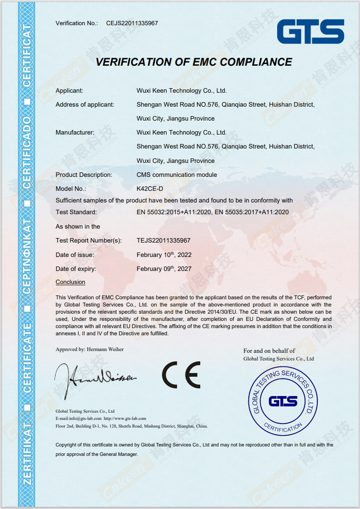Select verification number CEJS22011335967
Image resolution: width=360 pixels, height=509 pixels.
pyautogui.click(x=132, y=23)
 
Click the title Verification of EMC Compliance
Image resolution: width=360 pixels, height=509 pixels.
pyautogui.click(x=194, y=62)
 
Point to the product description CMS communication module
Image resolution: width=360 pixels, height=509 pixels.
pyautogui.click(x=176, y=175)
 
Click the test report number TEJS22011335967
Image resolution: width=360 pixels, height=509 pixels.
pyautogui.click(x=163, y=240)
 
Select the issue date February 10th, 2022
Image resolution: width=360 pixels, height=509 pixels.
pyautogui.click(x=164, y=255)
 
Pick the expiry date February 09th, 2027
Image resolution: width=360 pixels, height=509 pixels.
pyautogui.click(x=164, y=269)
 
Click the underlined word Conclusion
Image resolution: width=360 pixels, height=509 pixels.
pyautogui.click(x=70, y=282)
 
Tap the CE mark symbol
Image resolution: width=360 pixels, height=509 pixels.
pyautogui.click(x=181, y=374)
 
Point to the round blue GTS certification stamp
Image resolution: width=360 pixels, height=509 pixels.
pyautogui.click(x=283, y=401)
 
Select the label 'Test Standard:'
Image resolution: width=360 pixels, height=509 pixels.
pyautogui.click(x=76, y=212)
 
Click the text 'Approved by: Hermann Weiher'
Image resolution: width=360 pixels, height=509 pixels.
pyautogui.click(x=90, y=349)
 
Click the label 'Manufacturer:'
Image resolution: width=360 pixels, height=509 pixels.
pyautogui.click(x=75, y=132)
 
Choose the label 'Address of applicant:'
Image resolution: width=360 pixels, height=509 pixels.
pyautogui.click(x=85, y=104)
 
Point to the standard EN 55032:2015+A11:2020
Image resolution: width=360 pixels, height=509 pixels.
pyautogui.click(x=174, y=212)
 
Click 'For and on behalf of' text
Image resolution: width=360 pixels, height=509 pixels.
pyautogui.click(x=269, y=351)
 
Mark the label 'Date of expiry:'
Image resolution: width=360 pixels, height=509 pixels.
pyautogui.click(x=76, y=269)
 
